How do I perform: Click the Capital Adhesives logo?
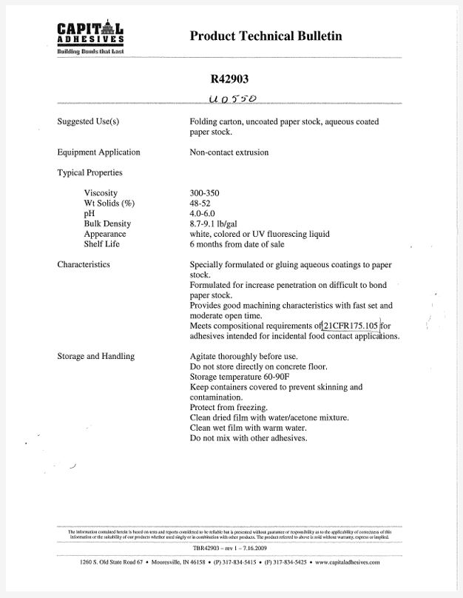pos(90,38)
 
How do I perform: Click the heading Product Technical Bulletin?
pos(266,36)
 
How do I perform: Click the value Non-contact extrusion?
pos(229,152)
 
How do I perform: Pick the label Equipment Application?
pos(98,152)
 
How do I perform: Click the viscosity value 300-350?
pos(204,193)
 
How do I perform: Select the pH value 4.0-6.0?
pos(203,214)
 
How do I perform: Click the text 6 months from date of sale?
pos(237,244)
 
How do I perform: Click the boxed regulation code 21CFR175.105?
pos(351,326)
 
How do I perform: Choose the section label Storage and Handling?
pos(95,357)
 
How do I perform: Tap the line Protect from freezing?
pos(229,408)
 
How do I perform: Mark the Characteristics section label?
pos(84,264)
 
